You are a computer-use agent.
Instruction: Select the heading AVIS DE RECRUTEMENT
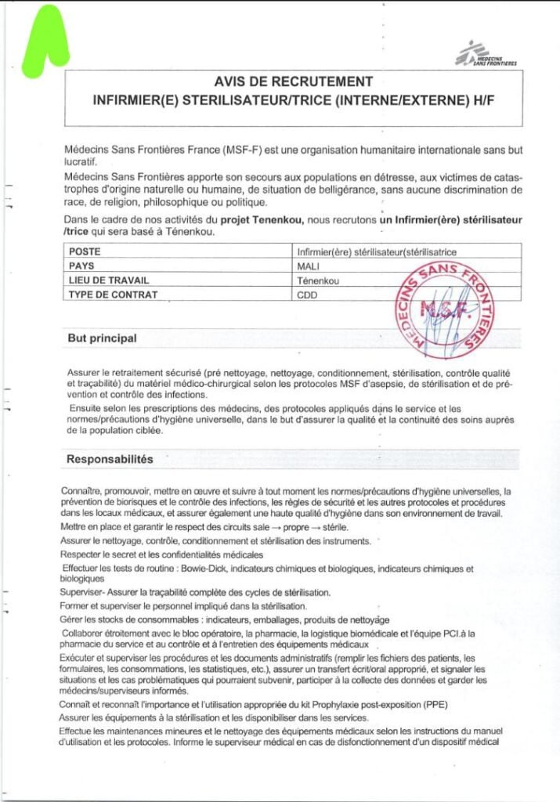point(293,81)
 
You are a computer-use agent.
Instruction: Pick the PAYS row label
point(83,266)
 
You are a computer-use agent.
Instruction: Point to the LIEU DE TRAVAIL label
point(109,280)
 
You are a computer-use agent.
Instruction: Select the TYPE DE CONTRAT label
point(113,294)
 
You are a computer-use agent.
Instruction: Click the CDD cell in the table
point(307,295)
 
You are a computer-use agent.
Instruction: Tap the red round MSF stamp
point(443,309)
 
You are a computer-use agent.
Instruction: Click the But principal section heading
point(103,338)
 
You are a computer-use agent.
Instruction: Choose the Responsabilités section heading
point(110,458)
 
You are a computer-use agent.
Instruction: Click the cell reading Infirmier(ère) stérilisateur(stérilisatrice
point(376,252)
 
